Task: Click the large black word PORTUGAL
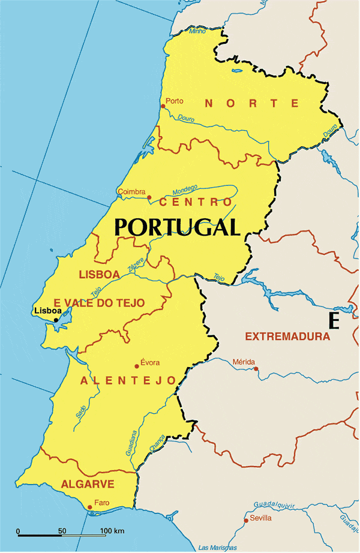click(177, 227)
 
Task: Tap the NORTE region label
click(251, 103)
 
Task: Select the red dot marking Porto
click(163, 107)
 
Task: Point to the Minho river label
click(197, 31)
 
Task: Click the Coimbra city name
click(131, 192)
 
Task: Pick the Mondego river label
click(185, 190)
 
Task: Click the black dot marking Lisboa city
click(56, 320)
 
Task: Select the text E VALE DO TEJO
click(99, 303)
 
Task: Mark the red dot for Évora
click(137, 366)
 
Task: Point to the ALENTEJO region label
click(128, 381)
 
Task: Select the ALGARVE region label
click(88, 484)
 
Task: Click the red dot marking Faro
click(89, 507)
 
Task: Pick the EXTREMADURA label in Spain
click(287, 336)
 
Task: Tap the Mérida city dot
click(256, 368)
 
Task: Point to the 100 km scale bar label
click(112, 531)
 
